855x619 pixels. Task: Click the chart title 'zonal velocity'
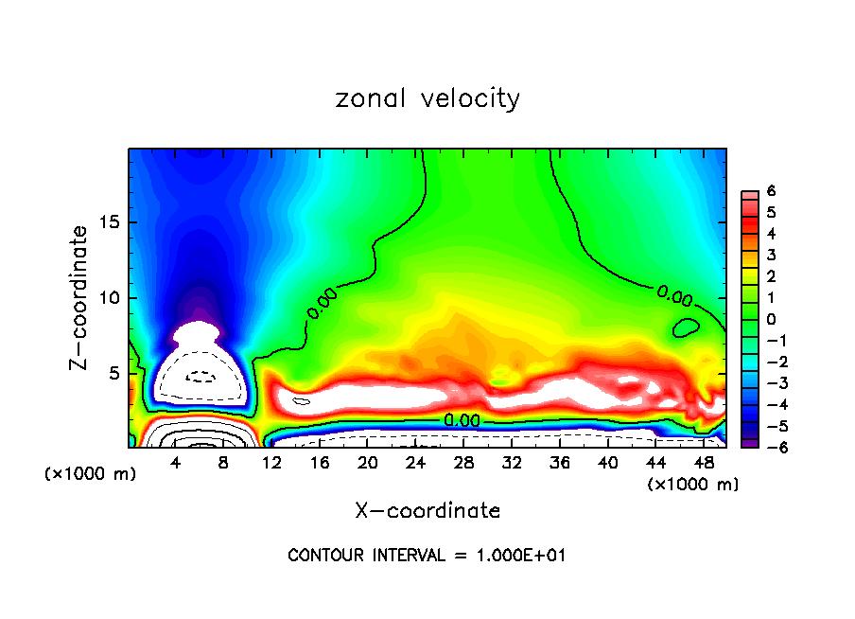[x=427, y=98]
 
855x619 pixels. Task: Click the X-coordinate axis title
[x=427, y=511]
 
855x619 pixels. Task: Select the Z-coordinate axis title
[x=83, y=297]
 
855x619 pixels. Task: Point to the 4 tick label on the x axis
[x=175, y=463]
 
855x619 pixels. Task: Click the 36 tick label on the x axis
[x=559, y=463]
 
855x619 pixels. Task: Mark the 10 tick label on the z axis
[x=112, y=298]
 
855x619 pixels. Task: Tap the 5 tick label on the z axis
[x=116, y=373]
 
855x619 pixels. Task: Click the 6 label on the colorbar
[x=771, y=191]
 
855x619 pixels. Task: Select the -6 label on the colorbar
[x=771, y=447]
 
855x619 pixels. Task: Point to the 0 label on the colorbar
[x=771, y=319]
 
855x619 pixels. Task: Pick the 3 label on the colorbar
[x=771, y=255]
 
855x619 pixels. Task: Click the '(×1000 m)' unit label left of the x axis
[x=91, y=474]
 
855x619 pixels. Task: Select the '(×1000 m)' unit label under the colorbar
[x=693, y=485]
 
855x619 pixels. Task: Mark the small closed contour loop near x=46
[x=686, y=328]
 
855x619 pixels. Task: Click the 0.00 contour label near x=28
[x=462, y=420]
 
